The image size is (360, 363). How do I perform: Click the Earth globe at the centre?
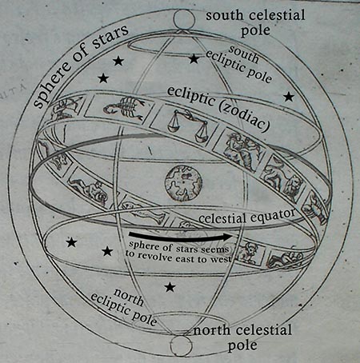pos(183,183)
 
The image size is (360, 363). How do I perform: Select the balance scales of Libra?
pos(187,125)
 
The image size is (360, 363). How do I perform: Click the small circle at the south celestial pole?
pos(182,18)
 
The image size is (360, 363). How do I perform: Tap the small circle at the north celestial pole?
pos(181,345)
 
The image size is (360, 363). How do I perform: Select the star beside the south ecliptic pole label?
pos(194,59)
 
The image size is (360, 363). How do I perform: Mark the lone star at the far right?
pos(289,97)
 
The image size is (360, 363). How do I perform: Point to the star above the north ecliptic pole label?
pos(170,287)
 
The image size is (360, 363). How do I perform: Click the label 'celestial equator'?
pos(247,217)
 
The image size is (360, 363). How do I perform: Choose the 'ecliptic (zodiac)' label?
pos(218,109)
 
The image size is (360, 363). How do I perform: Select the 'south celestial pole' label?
pos(255,22)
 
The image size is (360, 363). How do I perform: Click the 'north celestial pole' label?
pos(242,337)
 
